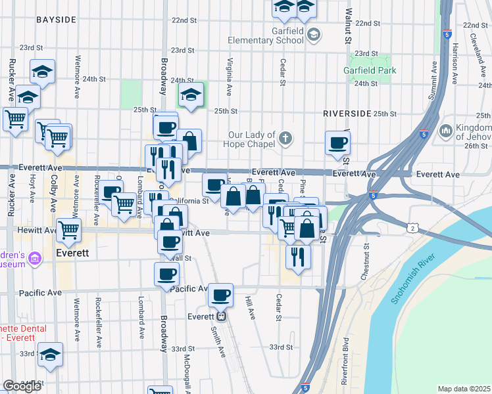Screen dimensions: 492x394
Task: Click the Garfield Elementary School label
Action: click(266, 35)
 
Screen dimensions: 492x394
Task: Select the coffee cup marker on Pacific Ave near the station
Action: click(220, 295)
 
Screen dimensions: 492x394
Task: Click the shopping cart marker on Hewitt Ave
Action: click(68, 230)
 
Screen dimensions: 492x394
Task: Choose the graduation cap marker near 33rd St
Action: click(50, 354)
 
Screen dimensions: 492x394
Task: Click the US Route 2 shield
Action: click(412, 228)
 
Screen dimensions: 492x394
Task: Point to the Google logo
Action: click(22, 385)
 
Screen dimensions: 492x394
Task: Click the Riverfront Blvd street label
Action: click(345, 361)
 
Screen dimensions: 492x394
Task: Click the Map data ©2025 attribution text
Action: click(464, 389)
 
